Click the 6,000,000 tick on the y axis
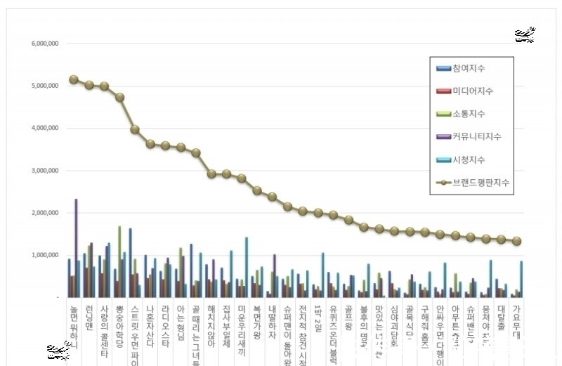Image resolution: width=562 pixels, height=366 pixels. click(45, 44)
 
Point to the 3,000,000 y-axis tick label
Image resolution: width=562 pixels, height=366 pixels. click(45, 171)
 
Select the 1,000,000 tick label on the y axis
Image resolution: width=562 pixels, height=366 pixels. click(45, 255)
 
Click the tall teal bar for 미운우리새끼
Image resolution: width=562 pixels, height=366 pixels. click(247, 268)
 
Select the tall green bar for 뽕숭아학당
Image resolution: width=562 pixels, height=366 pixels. click(119, 261)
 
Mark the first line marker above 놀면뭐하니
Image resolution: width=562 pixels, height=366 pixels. click(74, 79)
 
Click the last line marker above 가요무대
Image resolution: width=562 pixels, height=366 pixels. click(517, 241)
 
